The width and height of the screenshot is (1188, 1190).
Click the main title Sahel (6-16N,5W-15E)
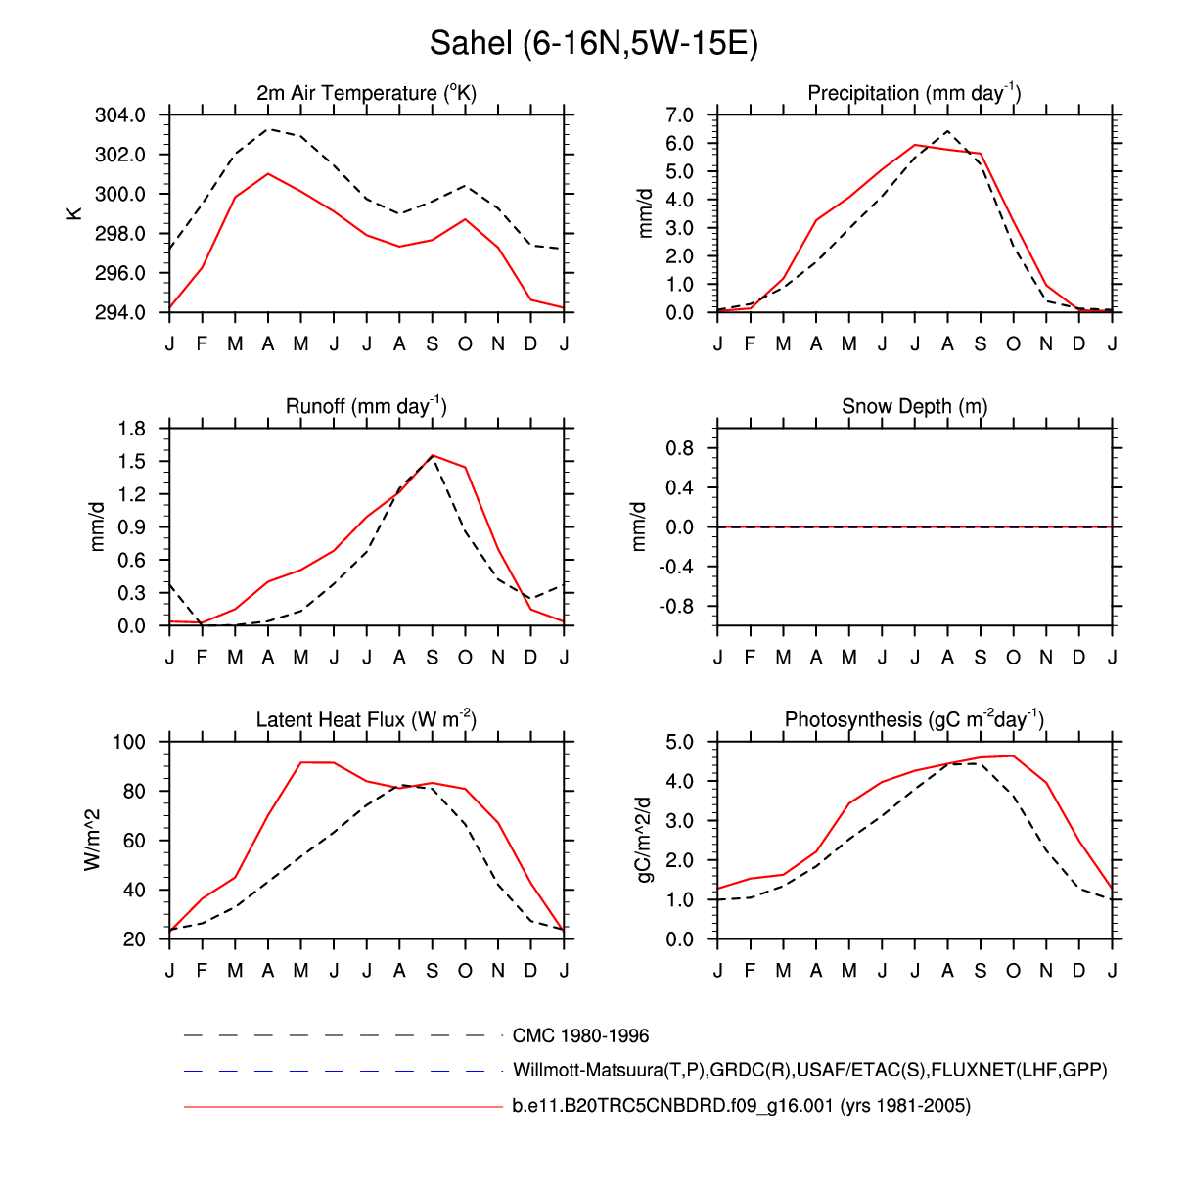tap(593, 44)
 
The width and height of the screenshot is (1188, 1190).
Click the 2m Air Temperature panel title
tap(366, 93)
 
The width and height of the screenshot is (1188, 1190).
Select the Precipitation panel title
tap(914, 93)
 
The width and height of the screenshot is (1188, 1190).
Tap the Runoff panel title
tap(366, 406)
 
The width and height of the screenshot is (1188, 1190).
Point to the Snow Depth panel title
tap(914, 406)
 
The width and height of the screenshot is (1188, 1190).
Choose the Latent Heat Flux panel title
tap(366, 720)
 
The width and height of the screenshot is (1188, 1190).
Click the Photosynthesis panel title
tap(914, 720)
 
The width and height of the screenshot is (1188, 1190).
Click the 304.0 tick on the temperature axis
tap(120, 115)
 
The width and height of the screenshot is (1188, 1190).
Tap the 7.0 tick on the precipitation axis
tap(679, 115)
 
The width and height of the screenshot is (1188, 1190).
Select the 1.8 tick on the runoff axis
tap(130, 429)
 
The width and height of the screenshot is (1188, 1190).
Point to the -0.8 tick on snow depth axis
tap(675, 607)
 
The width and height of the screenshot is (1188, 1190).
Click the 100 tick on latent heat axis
tap(128, 742)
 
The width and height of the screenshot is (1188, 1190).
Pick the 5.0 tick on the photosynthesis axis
tap(679, 742)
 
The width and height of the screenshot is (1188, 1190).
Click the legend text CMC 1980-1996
tap(580, 1035)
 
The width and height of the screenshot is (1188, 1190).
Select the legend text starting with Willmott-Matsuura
tap(809, 1070)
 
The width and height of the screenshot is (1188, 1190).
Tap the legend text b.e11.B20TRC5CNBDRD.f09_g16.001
tap(741, 1106)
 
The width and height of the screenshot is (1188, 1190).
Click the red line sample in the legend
tap(343, 1107)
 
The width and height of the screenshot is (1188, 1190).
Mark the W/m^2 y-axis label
tap(93, 840)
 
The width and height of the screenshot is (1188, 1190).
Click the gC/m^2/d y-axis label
tap(643, 840)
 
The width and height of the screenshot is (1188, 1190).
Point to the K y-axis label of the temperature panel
tap(74, 212)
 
